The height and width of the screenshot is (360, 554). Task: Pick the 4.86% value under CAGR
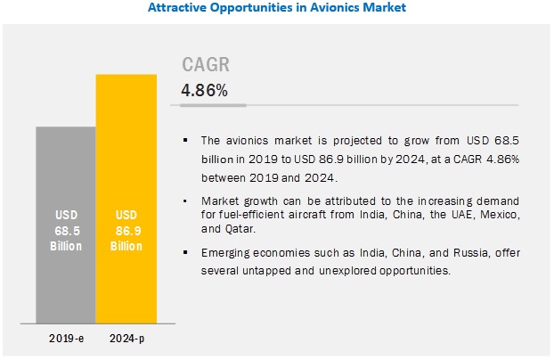pos(204,90)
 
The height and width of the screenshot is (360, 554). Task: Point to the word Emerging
pos(227,253)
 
